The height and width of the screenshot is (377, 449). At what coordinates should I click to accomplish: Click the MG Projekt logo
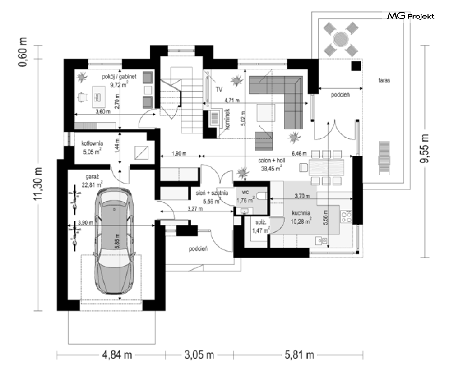(411, 16)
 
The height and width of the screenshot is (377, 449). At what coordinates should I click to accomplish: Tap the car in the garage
(114, 241)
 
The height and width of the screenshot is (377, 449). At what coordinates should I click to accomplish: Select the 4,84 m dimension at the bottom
(117, 355)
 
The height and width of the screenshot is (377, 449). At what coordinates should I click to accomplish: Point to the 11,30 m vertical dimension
(38, 184)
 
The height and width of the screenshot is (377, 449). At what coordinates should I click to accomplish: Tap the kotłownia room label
(92, 143)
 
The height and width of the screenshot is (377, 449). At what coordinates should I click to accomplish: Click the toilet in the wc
(262, 196)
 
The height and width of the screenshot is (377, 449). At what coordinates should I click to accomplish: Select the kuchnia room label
(301, 213)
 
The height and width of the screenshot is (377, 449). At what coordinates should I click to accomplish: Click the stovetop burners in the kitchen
(346, 217)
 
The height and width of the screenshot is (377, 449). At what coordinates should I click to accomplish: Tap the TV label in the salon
(219, 90)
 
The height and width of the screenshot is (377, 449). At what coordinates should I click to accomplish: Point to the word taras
(384, 80)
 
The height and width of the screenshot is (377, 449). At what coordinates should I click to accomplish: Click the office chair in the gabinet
(82, 97)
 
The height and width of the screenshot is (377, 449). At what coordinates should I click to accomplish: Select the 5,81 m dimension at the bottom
(299, 355)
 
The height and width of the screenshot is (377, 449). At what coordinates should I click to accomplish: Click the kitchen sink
(321, 241)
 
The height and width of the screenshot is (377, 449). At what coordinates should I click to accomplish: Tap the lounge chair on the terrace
(384, 157)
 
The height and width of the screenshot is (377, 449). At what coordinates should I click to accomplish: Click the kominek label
(227, 120)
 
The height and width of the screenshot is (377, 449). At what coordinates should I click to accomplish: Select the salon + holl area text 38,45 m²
(271, 169)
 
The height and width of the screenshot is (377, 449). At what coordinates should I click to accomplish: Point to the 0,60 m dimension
(23, 52)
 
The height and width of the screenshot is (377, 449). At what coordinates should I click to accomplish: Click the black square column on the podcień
(356, 66)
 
